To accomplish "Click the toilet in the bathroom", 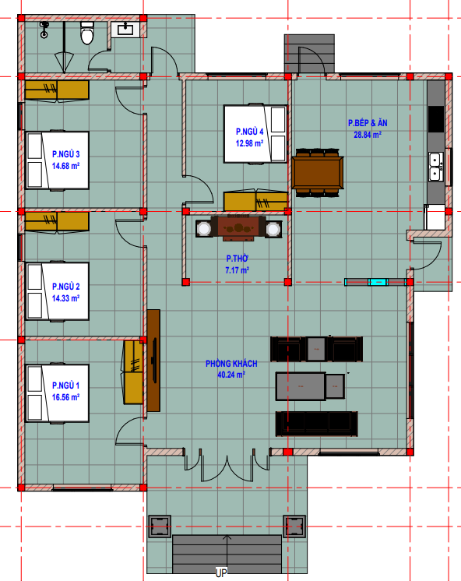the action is [x=87, y=33].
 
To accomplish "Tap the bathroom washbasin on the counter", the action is [x=125, y=30].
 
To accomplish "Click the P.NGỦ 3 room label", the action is [x=65, y=154].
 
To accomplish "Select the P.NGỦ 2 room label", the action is [x=65, y=287].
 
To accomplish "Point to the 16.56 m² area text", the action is [x=65, y=397].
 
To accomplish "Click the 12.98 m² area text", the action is [x=249, y=143].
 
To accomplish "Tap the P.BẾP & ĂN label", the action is [x=368, y=123].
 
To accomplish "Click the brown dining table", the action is [x=317, y=172].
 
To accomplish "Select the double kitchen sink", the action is [x=435, y=167].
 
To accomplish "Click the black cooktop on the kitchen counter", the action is [x=436, y=119].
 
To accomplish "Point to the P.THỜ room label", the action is [x=238, y=259].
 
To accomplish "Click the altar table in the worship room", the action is [x=238, y=228].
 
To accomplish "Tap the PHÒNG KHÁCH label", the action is [x=231, y=364].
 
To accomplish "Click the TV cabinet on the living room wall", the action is [x=153, y=361].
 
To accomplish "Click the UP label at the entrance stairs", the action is [x=221, y=573].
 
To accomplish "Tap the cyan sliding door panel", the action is [x=378, y=282].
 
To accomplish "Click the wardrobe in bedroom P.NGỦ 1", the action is [x=133, y=372].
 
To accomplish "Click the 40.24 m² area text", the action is [x=231, y=375].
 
